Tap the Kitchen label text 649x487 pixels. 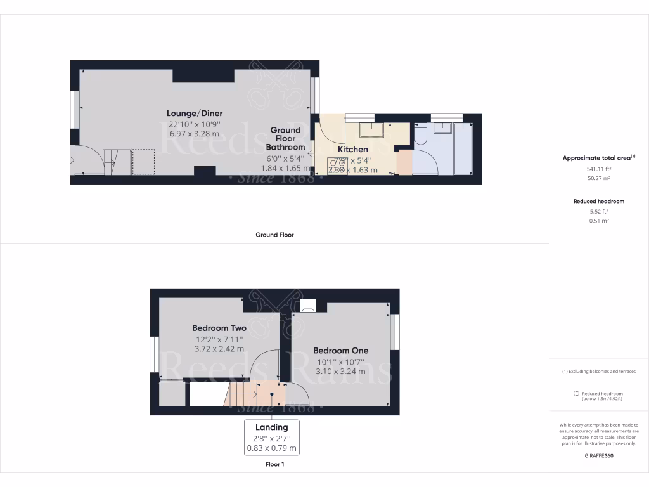pyautogui.click(x=352, y=150)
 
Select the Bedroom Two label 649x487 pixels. pyautogui.click(x=219, y=328)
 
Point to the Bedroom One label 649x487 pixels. pyautogui.click(x=340, y=351)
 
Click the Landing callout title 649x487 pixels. pyautogui.click(x=271, y=427)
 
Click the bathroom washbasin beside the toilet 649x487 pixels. pyautogui.click(x=442, y=128)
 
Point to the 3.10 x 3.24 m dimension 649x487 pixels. pyautogui.click(x=340, y=372)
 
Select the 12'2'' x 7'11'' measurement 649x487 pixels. pyautogui.click(x=219, y=339)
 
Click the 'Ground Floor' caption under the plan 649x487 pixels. pyautogui.click(x=274, y=235)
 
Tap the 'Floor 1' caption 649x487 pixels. pyautogui.click(x=274, y=464)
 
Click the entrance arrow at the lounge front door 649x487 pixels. pyautogui.click(x=71, y=160)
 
